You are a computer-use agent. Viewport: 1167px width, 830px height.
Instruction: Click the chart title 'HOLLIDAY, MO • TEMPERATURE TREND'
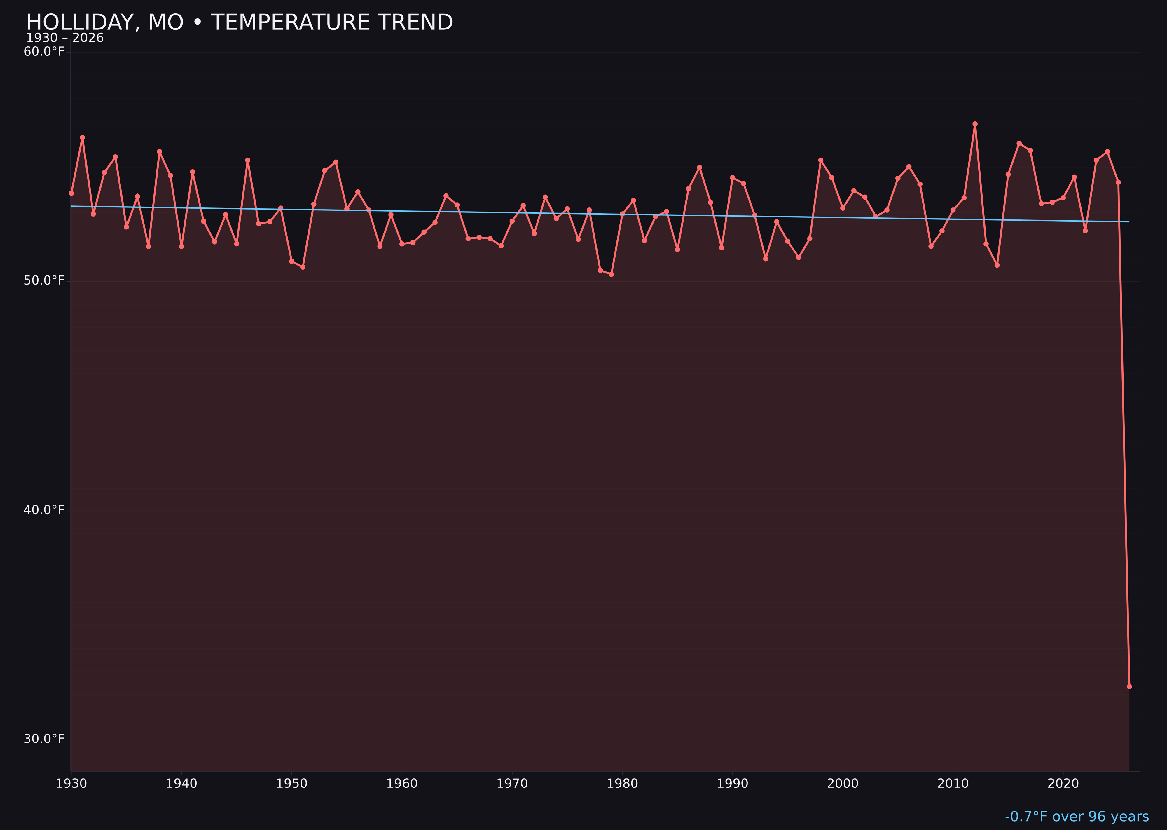(239, 22)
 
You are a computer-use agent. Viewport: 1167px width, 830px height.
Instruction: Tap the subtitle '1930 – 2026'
(65, 38)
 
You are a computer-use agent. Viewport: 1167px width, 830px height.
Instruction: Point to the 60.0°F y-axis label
(44, 52)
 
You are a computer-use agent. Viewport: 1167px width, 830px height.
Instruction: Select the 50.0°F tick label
(44, 280)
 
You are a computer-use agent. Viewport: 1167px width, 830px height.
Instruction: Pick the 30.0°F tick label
(44, 739)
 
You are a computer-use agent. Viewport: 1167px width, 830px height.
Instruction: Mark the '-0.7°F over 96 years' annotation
(1077, 817)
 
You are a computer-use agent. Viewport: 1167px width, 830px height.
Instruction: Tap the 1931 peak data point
(82, 137)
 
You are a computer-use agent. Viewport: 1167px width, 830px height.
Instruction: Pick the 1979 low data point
(611, 274)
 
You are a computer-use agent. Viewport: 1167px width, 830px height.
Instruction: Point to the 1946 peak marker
(248, 160)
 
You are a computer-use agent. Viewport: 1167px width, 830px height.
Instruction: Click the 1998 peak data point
(821, 160)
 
